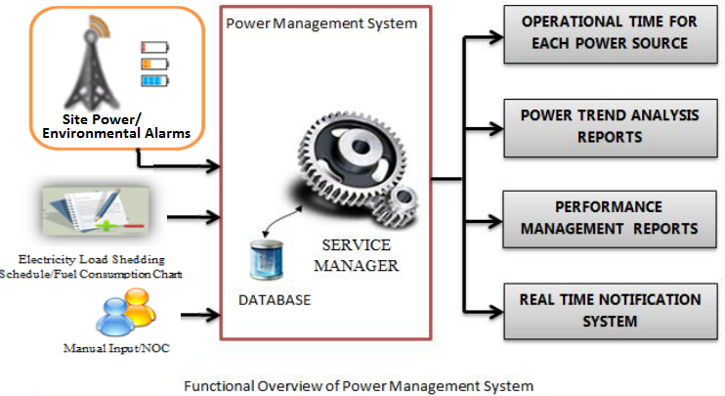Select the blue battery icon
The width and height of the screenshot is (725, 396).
tap(154, 80)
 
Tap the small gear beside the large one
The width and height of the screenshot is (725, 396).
tap(401, 205)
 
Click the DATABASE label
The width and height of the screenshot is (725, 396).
tap(275, 300)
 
